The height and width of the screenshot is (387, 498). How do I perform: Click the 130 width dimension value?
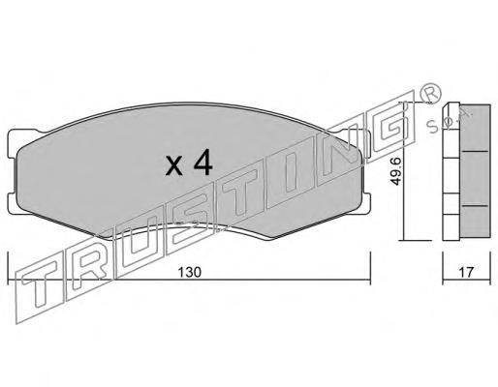point(190,272)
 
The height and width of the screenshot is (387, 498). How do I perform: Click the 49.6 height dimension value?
point(396,171)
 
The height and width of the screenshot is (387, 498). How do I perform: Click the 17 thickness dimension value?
point(466,272)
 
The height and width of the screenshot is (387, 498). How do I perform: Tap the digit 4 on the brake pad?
point(202,164)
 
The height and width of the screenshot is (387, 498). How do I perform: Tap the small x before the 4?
point(174,167)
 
